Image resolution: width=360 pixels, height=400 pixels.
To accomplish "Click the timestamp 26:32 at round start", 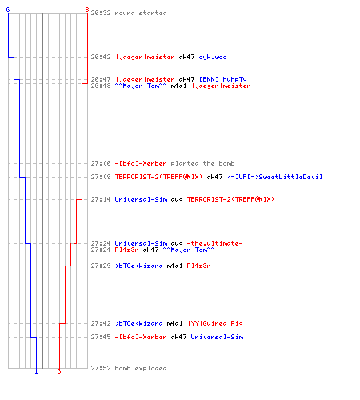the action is tap(101, 13).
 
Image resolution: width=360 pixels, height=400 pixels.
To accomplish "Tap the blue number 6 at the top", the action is tap(8, 10).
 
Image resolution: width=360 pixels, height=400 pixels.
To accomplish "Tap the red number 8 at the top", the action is tap(87, 10).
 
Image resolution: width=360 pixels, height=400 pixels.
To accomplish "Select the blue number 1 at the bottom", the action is tap(36, 371).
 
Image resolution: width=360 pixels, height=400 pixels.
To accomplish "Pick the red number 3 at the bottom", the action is tap(59, 371).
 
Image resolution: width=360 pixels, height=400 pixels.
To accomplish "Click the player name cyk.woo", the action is tap(213, 57).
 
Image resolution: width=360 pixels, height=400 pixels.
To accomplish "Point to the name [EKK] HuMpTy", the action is tap(223, 79).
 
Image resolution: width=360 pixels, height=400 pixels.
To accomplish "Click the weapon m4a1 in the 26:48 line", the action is tap(178, 86).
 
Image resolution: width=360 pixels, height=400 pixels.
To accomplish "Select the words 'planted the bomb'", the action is tap(202, 163).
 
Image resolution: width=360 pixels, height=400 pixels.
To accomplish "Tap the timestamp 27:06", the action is tap(101, 163).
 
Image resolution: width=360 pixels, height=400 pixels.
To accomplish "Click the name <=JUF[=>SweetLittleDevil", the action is tap(275, 177).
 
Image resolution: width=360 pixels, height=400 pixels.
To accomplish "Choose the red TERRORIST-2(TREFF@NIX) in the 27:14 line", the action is tap(230, 199).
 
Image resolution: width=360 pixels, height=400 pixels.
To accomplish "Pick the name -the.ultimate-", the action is tap(214, 243).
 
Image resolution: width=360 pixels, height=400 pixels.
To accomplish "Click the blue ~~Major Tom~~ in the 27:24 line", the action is tap(189, 250).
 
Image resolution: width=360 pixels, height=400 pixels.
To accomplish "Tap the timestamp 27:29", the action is tap(101, 266).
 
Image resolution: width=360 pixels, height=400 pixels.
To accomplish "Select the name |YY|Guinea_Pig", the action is tap(215, 323).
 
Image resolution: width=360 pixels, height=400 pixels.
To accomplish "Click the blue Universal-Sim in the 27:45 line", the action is tap(217, 337).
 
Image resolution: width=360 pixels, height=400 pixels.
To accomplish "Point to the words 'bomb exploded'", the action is tap(141, 368).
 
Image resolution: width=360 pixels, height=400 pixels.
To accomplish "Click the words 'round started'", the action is tap(141, 13).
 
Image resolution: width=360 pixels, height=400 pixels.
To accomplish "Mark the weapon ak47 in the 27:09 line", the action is tap(214, 177).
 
